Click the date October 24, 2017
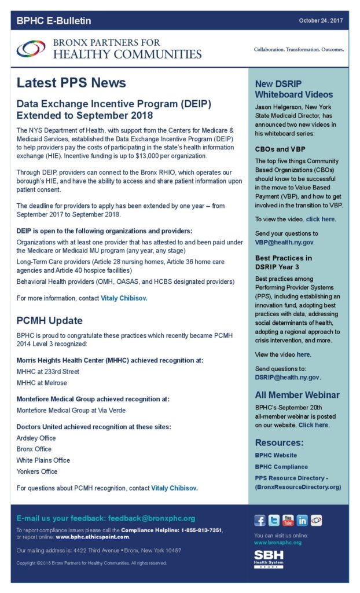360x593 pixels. pos(321,21)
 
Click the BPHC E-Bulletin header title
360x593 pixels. pos(54,21)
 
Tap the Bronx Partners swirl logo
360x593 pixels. pos(31,49)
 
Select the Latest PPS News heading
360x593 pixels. pos(71,83)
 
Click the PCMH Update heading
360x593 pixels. pos(49,320)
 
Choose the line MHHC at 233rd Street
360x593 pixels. pos(48,372)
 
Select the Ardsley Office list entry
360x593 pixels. pos(36,438)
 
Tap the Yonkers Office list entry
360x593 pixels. pos(37,471)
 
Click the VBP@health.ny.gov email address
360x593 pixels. pos(285,242)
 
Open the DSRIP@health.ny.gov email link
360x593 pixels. pos(287,378)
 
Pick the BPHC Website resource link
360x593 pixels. pos(276,455)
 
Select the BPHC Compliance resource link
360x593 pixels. pos(281,467)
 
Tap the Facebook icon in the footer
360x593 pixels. pos(260,520)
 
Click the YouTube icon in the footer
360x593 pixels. pos(288,520)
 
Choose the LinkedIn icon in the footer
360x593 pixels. pos(302,520)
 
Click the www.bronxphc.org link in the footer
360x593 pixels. pos(278,543)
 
